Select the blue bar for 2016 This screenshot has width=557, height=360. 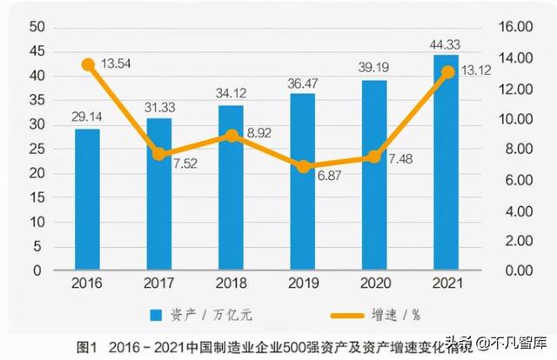click(x=87, y=199)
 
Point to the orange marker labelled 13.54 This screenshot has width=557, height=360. click(x=88, y=64)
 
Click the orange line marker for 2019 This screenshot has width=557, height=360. click(x=303, y=166)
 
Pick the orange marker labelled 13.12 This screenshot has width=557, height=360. click(x=446, y=72)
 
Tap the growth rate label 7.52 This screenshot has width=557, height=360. click(x=180, y=163)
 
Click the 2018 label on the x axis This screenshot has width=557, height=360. click(x=231, y=283)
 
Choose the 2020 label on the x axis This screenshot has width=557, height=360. click(x=374, y=283)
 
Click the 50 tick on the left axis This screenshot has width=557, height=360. click(x=36, y=27)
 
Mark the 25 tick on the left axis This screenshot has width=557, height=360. click(x=36, y=149)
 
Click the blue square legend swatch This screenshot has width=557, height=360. click(x=157, y=314)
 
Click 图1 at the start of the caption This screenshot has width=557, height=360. click(x=86, y=347)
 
